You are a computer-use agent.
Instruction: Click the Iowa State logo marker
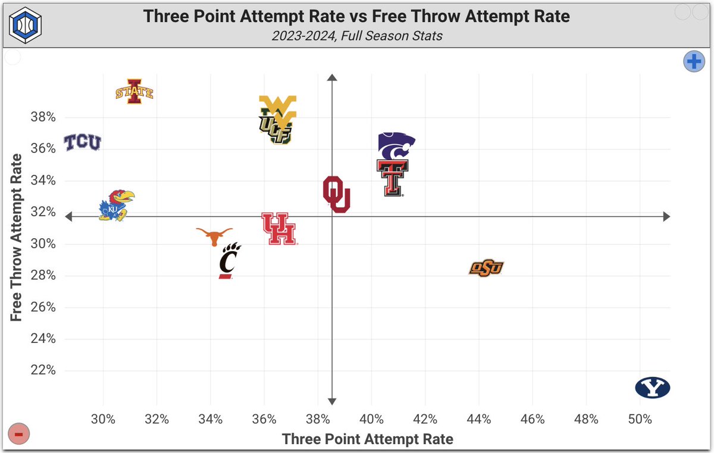click(134, 92)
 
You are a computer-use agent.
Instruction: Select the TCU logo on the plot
click(83, 143)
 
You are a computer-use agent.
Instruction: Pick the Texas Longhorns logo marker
click(215, 236)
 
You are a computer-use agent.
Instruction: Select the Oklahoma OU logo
click(336, 194)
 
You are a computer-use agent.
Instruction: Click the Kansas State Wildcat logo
click(396, 146)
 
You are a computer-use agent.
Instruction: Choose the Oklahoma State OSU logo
click(487, 268)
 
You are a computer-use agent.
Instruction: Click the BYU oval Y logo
click(652, 388)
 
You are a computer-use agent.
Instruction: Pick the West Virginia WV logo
click(278, 107)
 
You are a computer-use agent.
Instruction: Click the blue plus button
click(693, 61)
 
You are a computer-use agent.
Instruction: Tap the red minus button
click(18, 435)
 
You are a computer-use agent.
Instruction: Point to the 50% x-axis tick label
click(640, 419)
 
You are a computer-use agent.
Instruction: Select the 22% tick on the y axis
click(43, 370)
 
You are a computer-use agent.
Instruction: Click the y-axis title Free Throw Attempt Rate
click(16, 238)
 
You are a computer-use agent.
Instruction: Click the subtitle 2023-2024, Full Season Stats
click(357, 36)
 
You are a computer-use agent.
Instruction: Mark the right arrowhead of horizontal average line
click(666, 217)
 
